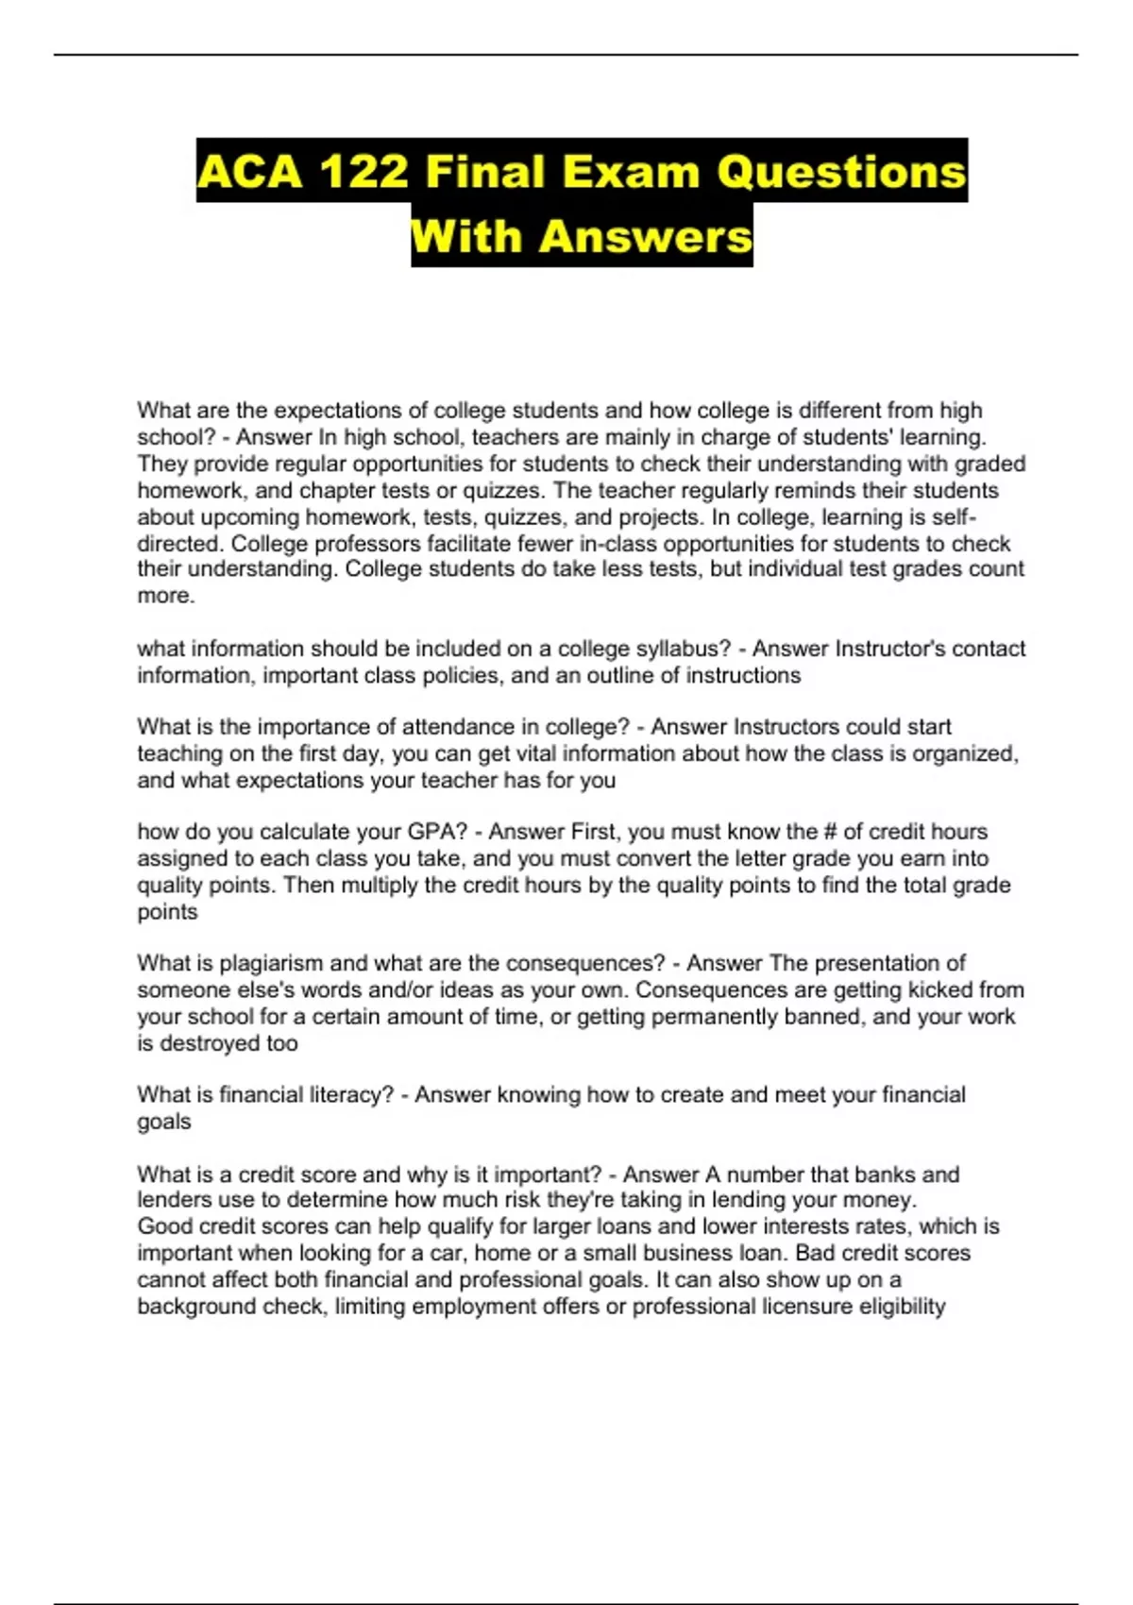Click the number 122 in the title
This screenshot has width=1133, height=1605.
tap(364, 172)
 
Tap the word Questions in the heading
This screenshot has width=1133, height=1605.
tap(841, 172)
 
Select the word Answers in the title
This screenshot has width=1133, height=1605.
tap(646, 236)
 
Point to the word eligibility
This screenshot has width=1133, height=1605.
tap(902, 1307)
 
